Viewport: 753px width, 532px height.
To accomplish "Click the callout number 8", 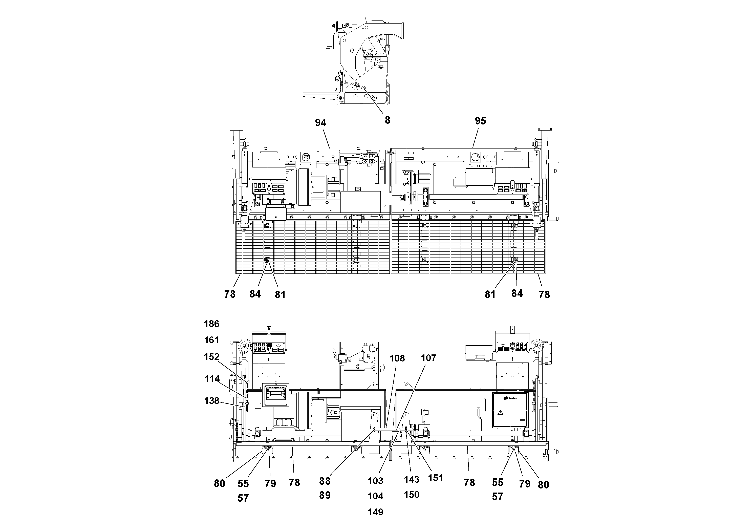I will (x=387, y=120).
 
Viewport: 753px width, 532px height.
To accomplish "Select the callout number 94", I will (x=320, y=123).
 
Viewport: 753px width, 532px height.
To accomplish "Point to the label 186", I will (x=211, y=324).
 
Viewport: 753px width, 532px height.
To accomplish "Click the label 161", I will (x=211, y=340).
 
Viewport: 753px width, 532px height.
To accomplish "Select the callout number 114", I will (x=212, y=379).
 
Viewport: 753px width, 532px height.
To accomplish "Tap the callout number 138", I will (x=211, y=401).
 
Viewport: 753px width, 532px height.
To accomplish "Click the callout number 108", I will (x=397, y=358).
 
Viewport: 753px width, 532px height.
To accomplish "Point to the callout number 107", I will (x=428, y=358).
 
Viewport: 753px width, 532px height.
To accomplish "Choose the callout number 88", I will (x=325, y=481).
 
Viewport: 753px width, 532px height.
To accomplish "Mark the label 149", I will (x=375, y=512).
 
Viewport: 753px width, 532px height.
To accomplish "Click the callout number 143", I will (x=411, y=480).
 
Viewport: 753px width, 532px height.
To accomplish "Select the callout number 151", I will (x=436, y=478).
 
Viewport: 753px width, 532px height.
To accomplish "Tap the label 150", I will (x=411, y=495).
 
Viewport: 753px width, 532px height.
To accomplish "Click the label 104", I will (x=375, y=496).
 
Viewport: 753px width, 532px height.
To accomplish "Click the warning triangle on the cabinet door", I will (x=500, y=412).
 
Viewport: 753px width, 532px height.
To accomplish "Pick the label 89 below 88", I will (x=325, y=496).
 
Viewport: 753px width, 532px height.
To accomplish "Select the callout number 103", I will (x=375, y=481).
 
